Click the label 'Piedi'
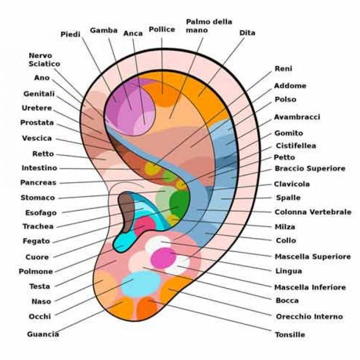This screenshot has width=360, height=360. click(71, 34)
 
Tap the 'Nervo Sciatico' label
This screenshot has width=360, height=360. click(44, 60)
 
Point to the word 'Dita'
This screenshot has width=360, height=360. click(247, 33)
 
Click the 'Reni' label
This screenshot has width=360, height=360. click(283, 69)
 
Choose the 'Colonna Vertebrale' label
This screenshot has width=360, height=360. click(312, 212)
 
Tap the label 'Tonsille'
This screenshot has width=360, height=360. click(290, 335)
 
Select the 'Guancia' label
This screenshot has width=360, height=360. click(43, 334)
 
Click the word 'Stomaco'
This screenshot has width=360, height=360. click(37, 197)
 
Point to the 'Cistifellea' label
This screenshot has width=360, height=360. click(296, 145)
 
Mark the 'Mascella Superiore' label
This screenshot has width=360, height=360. click(312, 257)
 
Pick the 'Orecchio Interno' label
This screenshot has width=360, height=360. click(309, 316)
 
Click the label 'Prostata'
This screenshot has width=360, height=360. click(37, 123)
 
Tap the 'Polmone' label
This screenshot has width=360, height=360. click(36, 272)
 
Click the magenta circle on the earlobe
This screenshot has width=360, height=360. click(164, 258)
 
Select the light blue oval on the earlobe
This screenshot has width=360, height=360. click(141, 283)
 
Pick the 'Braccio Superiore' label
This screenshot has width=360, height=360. click(310, 168)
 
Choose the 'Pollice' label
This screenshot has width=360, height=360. click(162, 30)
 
